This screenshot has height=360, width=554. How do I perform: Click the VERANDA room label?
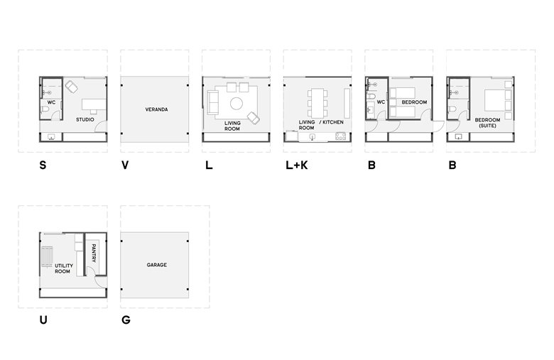(156, 109)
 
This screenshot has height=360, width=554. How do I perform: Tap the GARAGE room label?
(157, 265)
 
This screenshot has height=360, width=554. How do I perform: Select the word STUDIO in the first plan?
(85, 120)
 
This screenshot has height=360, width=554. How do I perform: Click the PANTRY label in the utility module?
(94, 253)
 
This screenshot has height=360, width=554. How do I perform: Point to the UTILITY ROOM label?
(64, 268)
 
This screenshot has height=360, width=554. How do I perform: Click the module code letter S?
(43, 165)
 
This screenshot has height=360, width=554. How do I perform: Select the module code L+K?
(297, 165)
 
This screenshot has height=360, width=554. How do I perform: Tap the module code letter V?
(125, 165)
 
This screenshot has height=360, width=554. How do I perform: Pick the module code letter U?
(43, 320)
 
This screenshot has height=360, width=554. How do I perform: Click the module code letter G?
(126, 320)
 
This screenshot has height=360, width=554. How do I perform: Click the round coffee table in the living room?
(237, 104)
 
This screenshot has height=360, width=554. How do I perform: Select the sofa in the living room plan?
(212, 102)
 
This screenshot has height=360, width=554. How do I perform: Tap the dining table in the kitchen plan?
(317, 103)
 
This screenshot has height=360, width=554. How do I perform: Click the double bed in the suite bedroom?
(495, 100)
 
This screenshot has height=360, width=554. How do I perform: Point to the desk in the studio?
(94, 105)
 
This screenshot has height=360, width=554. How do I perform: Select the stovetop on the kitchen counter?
(341, 136)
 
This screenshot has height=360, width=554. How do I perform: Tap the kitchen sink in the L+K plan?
(313, 137)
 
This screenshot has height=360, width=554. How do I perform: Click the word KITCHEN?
(333, 122)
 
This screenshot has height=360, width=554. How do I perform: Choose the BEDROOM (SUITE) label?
(487, 123)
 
